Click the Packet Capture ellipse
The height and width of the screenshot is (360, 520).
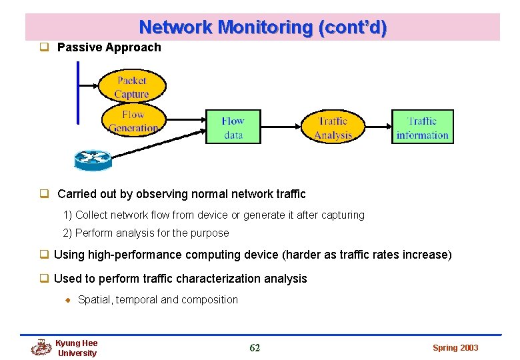tap(132, 87)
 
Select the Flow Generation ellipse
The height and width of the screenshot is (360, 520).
tap(133, 121)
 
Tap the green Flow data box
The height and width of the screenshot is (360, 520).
tap(233, 127)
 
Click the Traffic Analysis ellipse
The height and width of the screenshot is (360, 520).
tap(333, 127)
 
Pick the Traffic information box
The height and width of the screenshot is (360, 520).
tap(422, 127)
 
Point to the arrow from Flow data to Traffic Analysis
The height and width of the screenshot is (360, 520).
tap(280, 127)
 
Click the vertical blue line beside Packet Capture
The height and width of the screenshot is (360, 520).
tap(78, 93)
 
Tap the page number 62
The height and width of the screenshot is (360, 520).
tap(255, 348)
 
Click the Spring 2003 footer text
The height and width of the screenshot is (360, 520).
tap(455, 348)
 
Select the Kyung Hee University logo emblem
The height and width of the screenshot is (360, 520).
tap(41, 348)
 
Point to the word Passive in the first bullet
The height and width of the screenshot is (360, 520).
tap(78, 47)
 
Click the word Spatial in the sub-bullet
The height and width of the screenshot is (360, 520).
tap(95, 300)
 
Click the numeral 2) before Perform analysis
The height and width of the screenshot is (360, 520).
tap(67, 233)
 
